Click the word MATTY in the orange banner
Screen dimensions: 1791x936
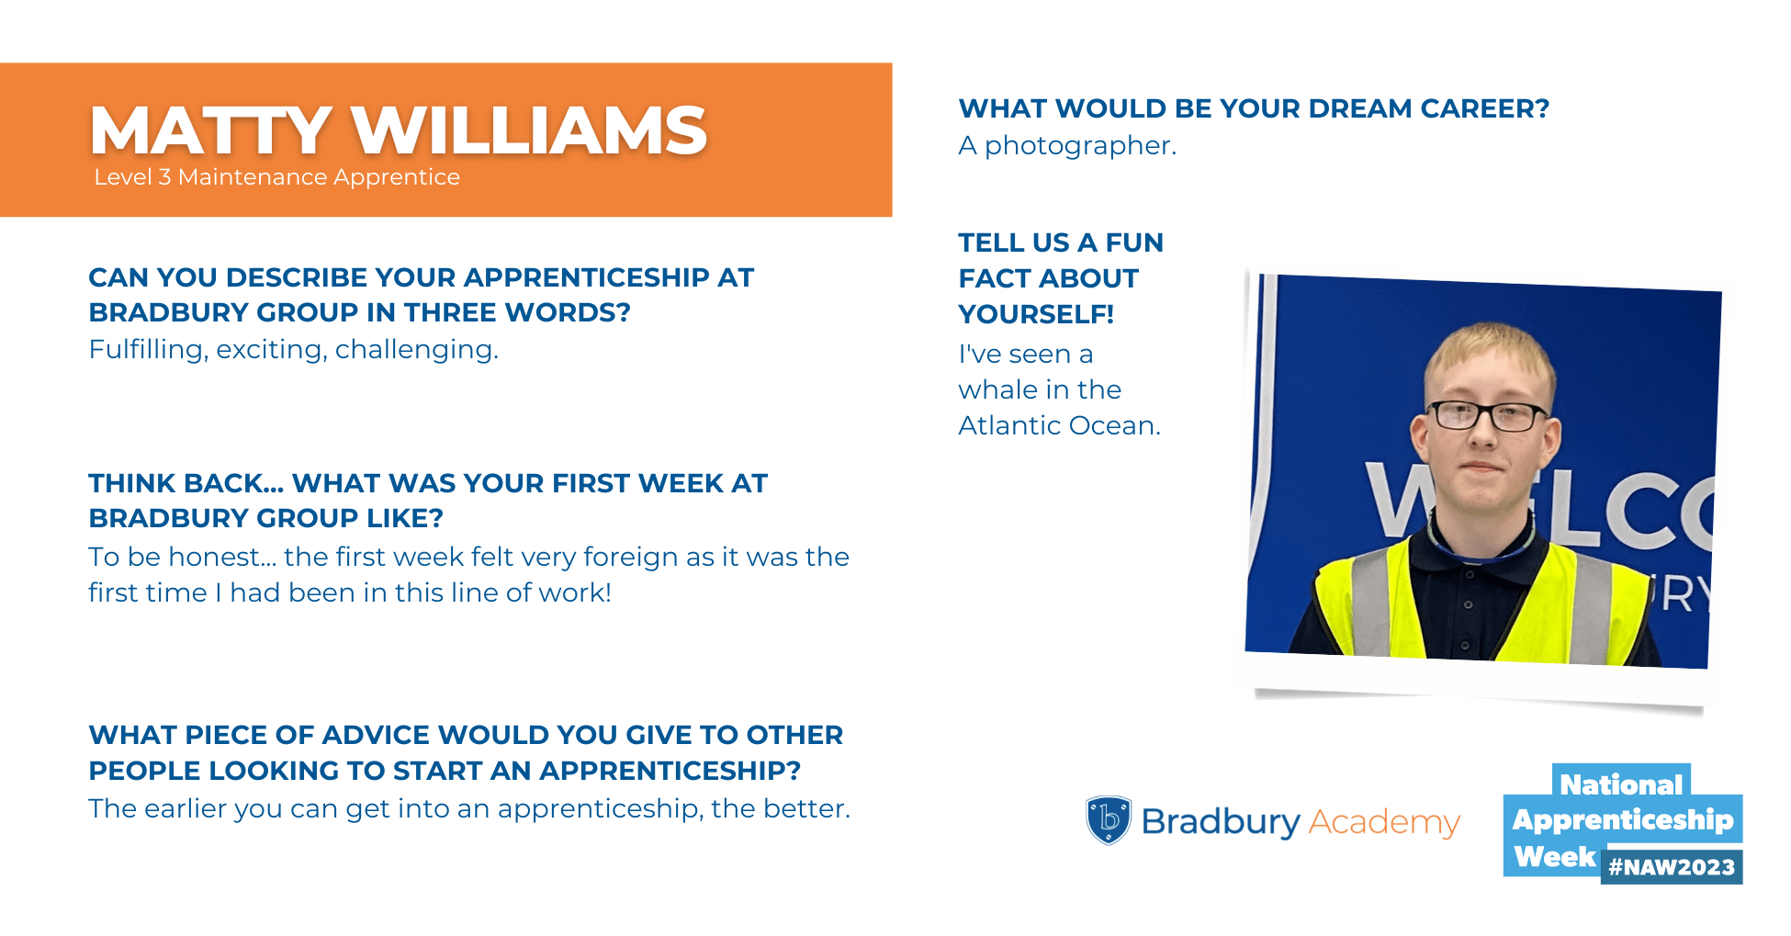coord(210,130)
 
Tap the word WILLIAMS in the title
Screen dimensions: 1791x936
coord(530,130)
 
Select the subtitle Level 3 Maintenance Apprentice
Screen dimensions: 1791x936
coord(276,177)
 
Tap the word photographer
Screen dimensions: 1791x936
coord(1080,146)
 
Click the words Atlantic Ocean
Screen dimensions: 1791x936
coord(1059,425)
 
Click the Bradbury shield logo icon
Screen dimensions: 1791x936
coord(1109,819)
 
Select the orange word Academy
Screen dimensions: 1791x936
coord(1383,822)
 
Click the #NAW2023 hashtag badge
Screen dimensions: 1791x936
coord(1672,867)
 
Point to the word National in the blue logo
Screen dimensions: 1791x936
coord(1621,784)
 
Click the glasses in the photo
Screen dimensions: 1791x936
coord(1490,415)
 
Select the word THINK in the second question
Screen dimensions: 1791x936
coord(130,483)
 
